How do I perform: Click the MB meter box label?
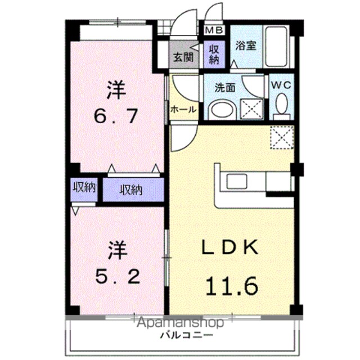click(214, 30)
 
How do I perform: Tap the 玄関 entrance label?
click(183, 57)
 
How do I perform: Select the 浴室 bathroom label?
click(246, 46)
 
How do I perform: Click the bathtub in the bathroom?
click(276, 47)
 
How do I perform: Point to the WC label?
click(281, 85)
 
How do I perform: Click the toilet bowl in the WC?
click(281, 105)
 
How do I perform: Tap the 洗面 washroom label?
click(225, 88)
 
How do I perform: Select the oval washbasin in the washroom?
click(222, 110)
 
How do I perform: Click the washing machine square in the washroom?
click(251, 109)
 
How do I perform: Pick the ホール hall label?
click(183, 110)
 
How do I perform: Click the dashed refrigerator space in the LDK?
click(282, 137)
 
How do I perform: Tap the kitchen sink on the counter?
click(237, 181)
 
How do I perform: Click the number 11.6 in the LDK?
click(232, 286)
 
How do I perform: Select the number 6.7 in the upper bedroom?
click(116, 116)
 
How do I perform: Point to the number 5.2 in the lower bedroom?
click(118, 276)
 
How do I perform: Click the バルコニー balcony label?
click(186, 335)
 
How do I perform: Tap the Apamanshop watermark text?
click(181, 322)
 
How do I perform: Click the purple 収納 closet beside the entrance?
click(214, 55)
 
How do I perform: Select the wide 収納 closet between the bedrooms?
click(133, 190)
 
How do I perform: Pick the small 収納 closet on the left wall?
click(84, 187)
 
